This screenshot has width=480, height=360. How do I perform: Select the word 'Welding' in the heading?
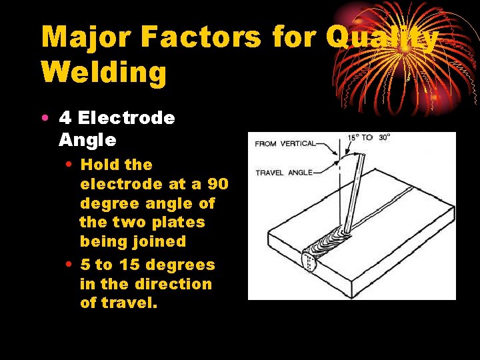click(x=104, y=73)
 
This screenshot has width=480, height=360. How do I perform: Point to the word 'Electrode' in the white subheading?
click(x=126, y=119)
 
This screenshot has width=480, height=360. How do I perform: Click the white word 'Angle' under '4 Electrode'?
click(x=87, y=140)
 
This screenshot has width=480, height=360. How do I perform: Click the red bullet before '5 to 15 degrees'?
click(x=70, y=265)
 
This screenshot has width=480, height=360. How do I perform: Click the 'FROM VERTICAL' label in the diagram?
click(x=285, y=143)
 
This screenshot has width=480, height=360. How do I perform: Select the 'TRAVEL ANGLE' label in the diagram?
click(x=284, y=173)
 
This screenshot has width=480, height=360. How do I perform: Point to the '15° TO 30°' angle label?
click(x=369, y=138)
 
